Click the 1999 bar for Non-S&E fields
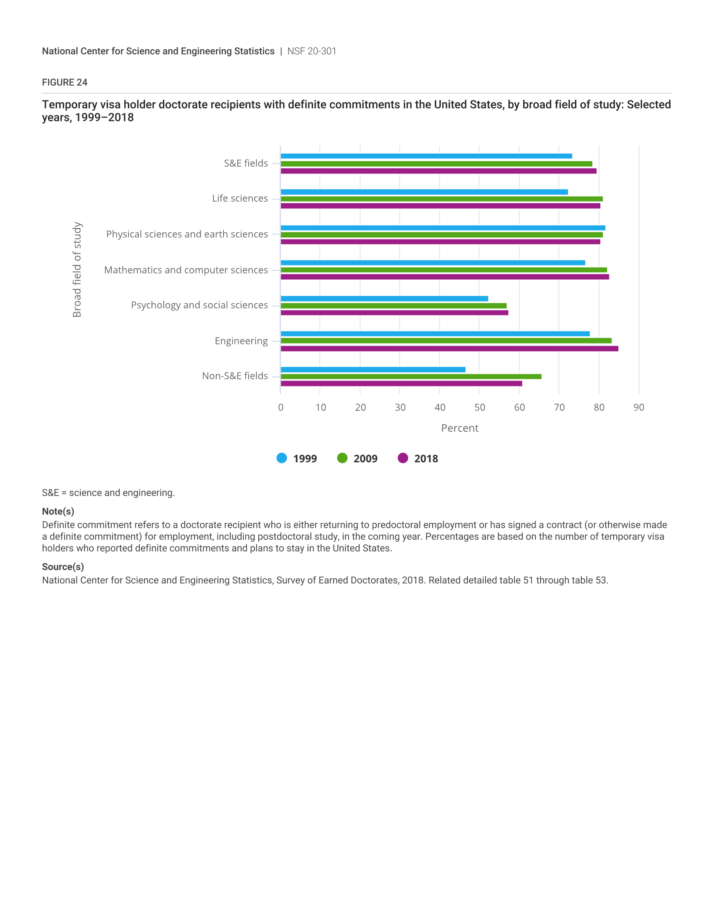coord(373,370)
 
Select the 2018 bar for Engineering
coord(449,349)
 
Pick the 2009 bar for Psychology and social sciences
coord(394,305)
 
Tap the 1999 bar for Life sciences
coord(424,192)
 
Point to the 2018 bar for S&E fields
coord(438,171)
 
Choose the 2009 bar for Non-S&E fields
coord(411,377)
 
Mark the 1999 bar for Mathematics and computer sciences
coord(433,263)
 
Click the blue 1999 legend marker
coord(282,458)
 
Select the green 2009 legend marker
coord(342,458)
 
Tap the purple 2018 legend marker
coord(403,458)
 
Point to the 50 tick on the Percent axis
coord(480,407)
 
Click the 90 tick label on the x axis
coord(639,407)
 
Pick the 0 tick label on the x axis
coord(281,407)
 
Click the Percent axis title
coord(460,428)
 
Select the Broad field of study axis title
coord(77,270)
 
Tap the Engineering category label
coord(241,341)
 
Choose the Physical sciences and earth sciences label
coord(187,234)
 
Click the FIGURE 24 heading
coord(65,82)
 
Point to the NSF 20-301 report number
coord(312,51)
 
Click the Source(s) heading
coord(63,567)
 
